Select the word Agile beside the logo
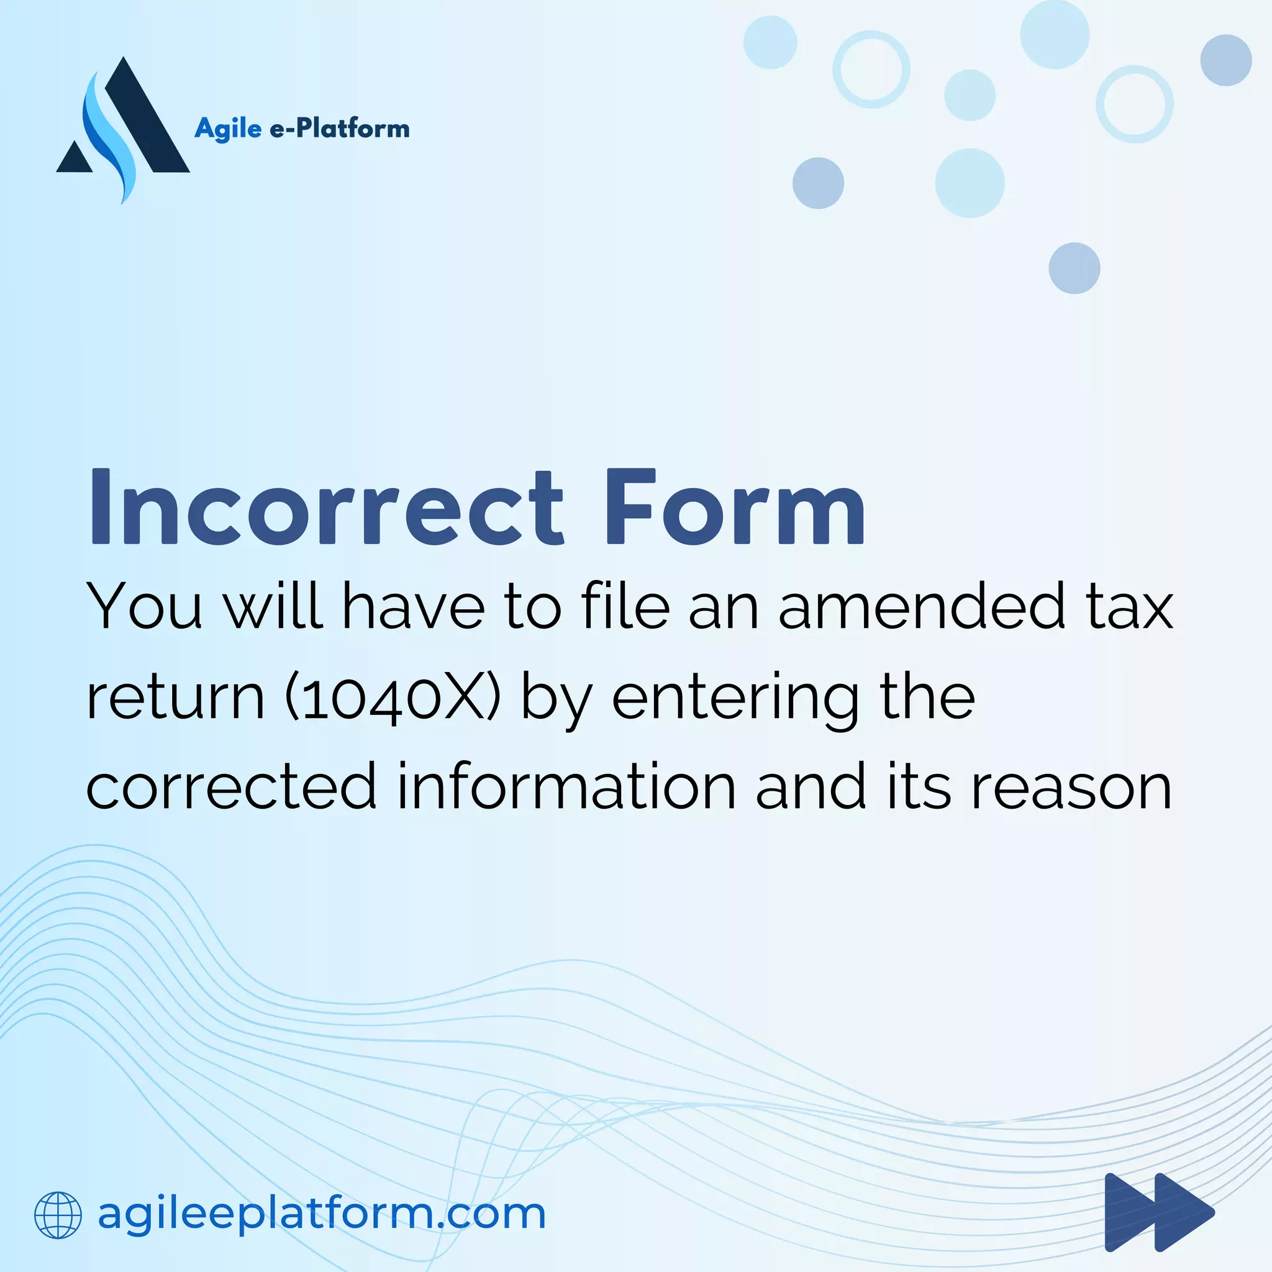point(228,129)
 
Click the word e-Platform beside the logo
point(340,129)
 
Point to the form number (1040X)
point(393,698)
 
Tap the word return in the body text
point(175,698)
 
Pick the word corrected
point(231,787)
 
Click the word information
point(567,787)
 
